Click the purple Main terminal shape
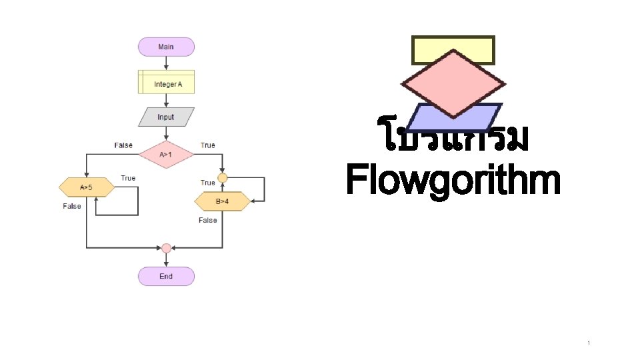(x=166, y=47)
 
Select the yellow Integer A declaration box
(x=166, y=84)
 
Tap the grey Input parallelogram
(x=166, y=117)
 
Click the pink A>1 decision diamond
(x=166, y=155)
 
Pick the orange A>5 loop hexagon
(x=87, y=187)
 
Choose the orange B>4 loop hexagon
(x=223, y=200)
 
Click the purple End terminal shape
(x=166, y=276)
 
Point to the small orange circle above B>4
(x=223, y=178)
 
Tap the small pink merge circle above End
(x=166, y=248)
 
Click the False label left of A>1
(x=123, y=145)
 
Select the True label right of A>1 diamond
(x=208, y=145)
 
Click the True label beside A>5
(x=128, y=178)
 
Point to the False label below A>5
(x=72, y=206)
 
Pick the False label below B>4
(x=208, y=220)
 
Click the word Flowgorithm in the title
(x=453, y=181)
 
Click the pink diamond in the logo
(x=453, y=83)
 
